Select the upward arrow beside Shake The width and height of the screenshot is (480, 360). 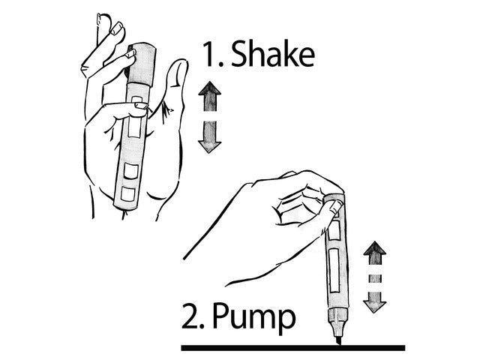click(211, 97)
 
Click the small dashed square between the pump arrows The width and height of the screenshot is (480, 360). click(374, 277)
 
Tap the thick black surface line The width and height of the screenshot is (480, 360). click(292, 348)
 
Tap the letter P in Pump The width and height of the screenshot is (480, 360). click(223, 319)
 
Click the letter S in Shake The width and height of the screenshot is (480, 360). click(239, 55)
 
